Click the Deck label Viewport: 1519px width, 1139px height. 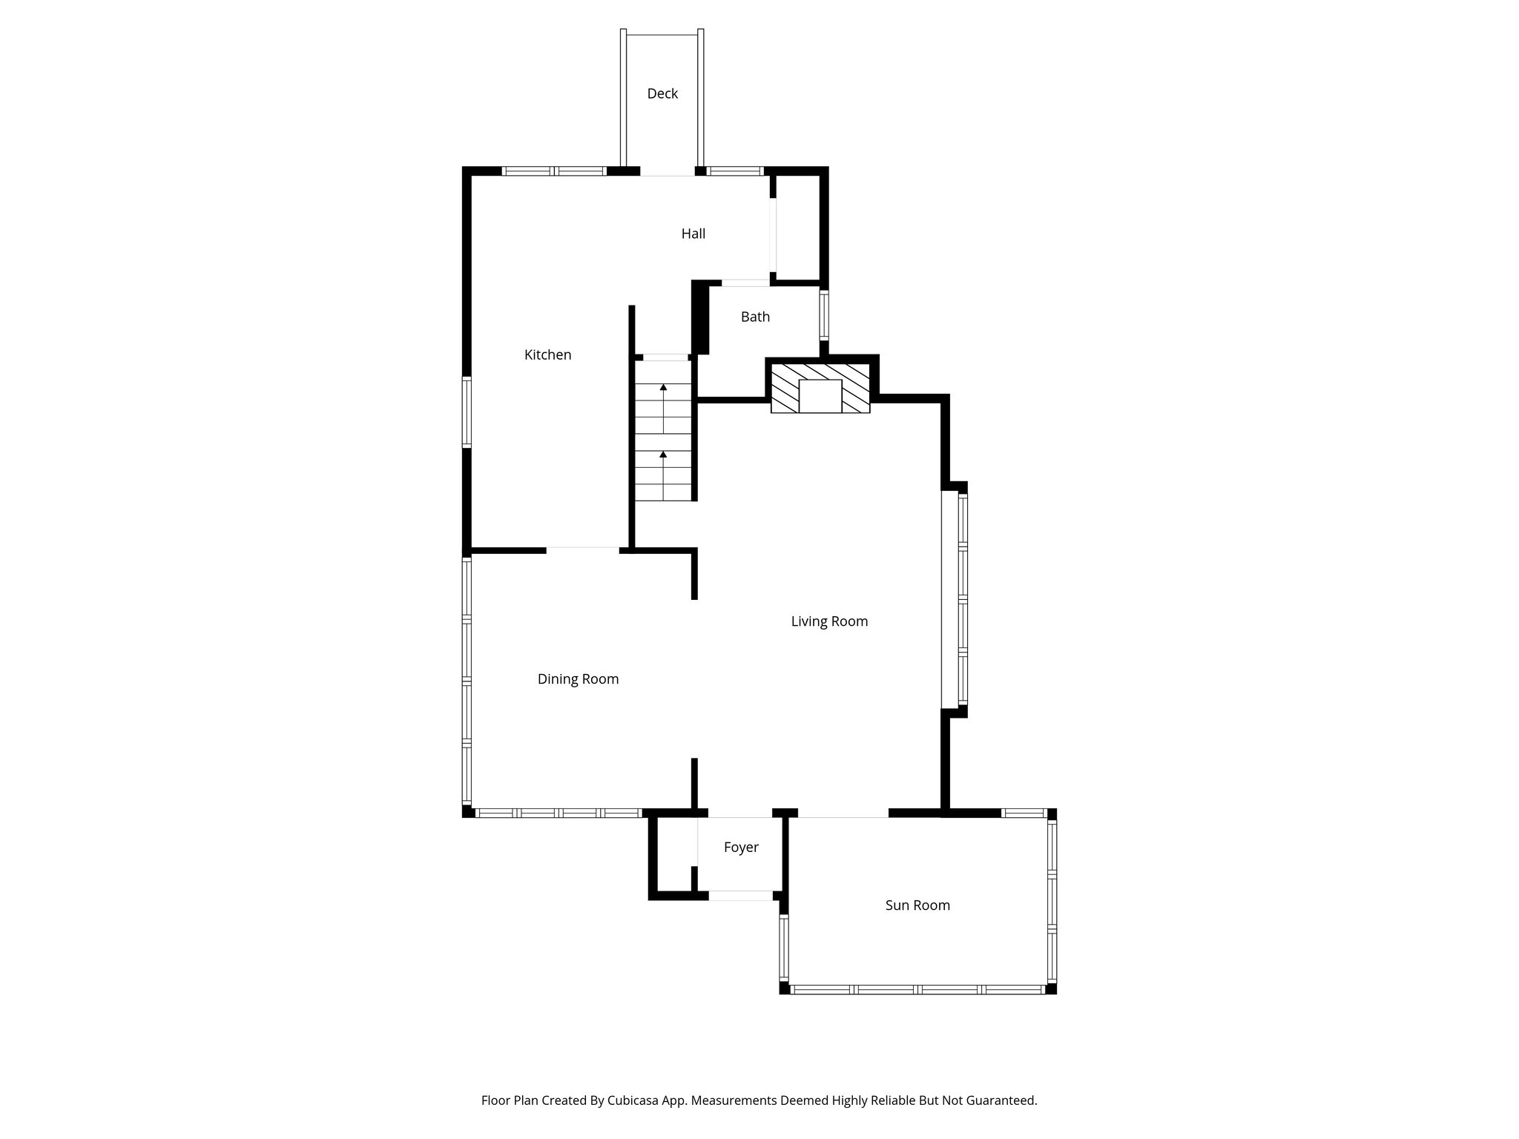point(662,93)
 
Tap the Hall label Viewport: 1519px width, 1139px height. point(693,234)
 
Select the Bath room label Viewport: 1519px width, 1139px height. point(755,317)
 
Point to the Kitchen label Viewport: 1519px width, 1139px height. point(547,354)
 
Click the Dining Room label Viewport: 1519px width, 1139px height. point(578,679)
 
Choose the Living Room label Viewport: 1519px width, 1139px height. point(829,621)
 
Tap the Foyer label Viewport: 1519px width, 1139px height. point(741,847)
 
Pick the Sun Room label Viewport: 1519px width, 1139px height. point(917,905)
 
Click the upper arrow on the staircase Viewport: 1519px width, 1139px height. point(663,387)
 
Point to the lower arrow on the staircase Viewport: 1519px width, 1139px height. point(663,454)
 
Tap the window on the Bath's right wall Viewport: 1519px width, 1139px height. point(824,315)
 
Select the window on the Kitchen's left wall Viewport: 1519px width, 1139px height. point(467,412)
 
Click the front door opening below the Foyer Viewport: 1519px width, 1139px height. point(741,896)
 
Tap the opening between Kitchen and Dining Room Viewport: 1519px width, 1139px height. point(583,549)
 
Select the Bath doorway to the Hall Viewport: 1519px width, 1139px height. point(745,283)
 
